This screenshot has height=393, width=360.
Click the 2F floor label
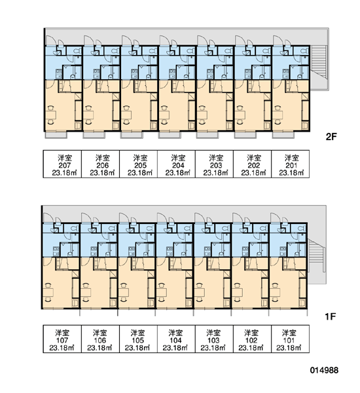coord(331,137)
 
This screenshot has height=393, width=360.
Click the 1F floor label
coord(330,317)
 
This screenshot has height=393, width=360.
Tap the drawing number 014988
coord(324,370)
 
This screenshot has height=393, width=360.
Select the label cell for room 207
coord(62,164)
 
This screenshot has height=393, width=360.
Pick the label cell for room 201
coord(291,164)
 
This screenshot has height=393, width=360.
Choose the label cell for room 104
coord(176,339)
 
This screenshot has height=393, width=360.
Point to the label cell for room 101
coord(290,339)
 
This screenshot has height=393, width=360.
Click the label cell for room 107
coord(62,339)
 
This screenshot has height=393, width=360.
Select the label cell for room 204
coord(176,164)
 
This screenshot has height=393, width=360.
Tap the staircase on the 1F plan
coord(315,255)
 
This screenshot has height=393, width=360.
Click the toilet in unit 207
coord(77,51)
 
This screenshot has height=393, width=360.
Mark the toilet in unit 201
coord(304,51)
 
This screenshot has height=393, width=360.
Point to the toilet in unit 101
coord(302,228)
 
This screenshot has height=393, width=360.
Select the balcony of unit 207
coord(56,135)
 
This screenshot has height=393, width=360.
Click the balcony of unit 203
coord(207,135)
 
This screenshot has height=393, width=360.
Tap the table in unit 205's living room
coord(127,115)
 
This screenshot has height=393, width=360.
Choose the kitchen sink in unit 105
coord(132,251)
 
